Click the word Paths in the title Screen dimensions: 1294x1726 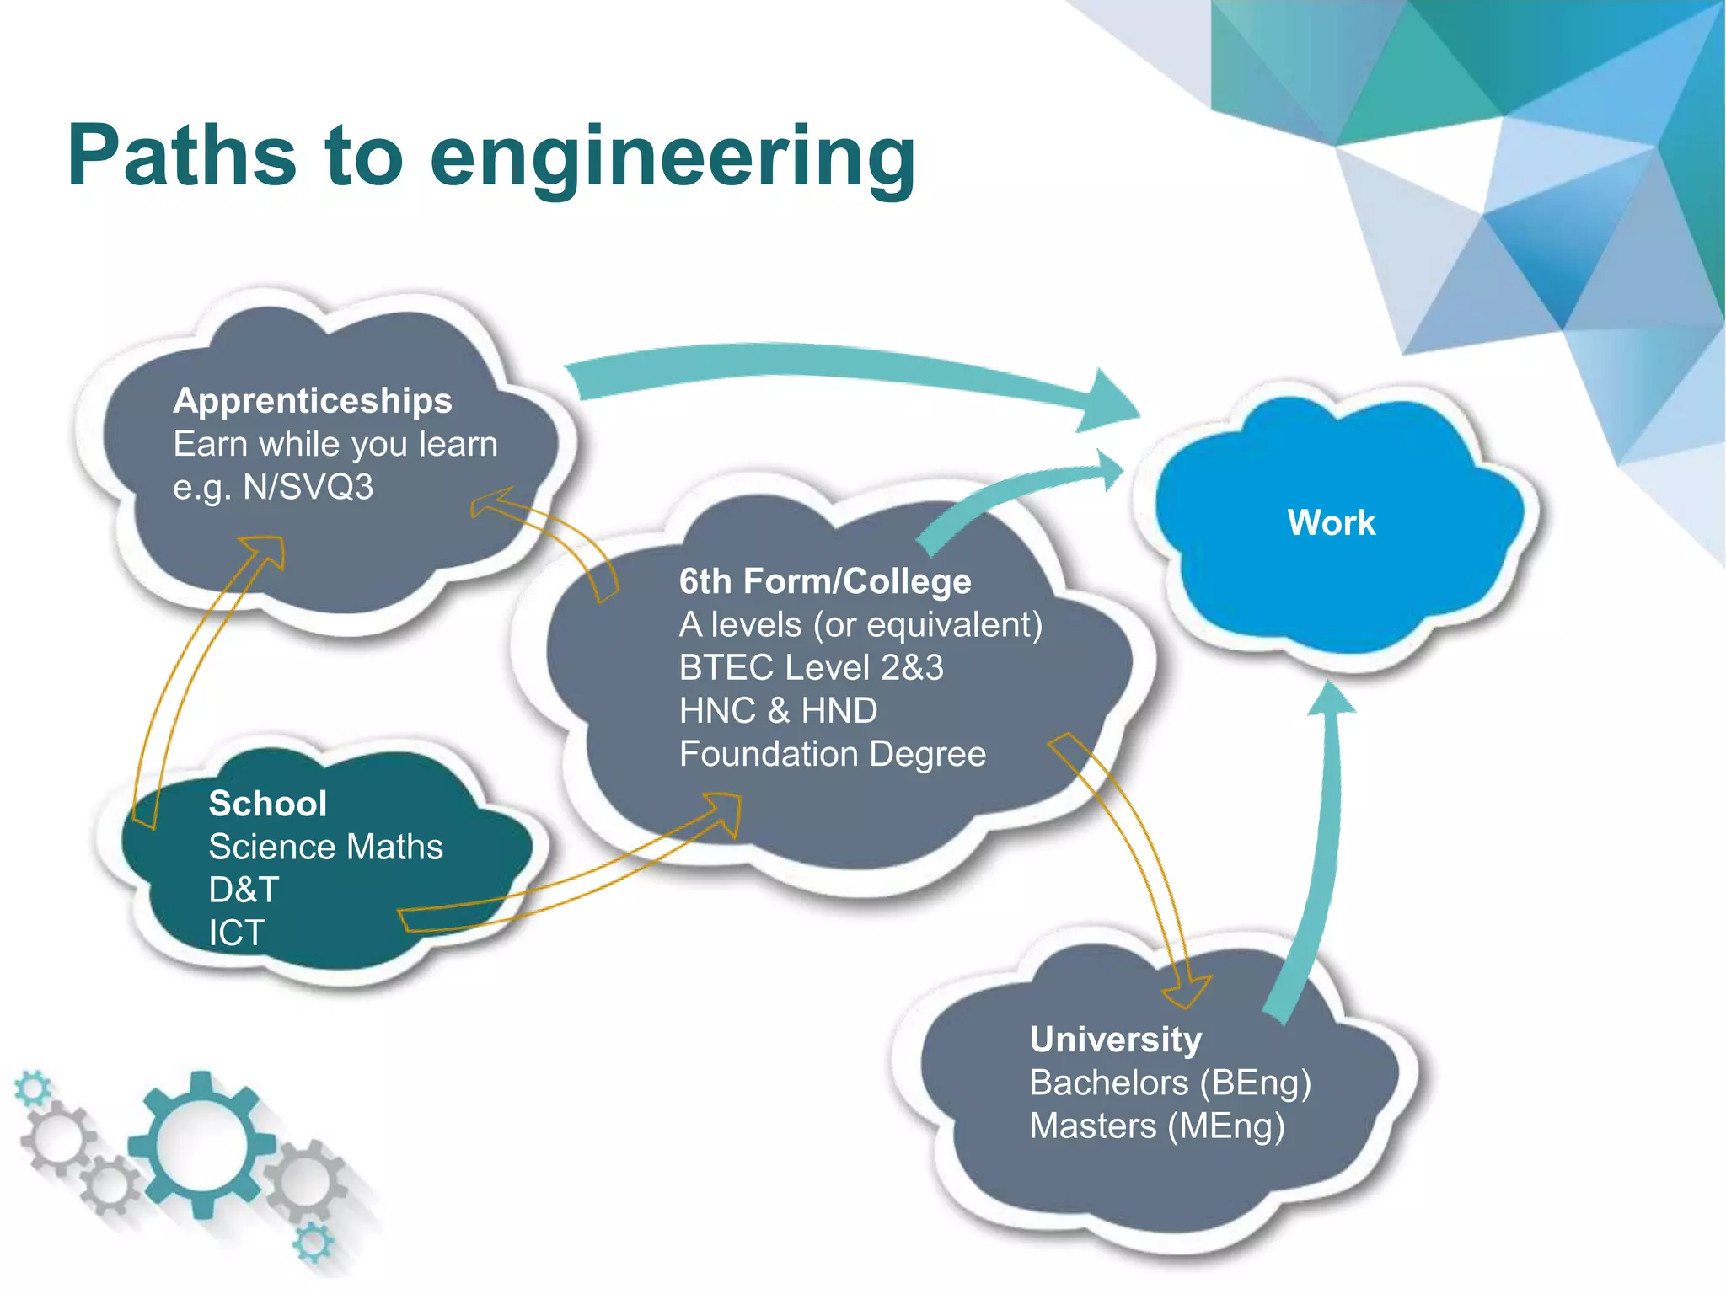coord(181,156)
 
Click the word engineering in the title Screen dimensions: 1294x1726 coord(673,160)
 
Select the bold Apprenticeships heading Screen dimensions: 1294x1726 coord(313,401)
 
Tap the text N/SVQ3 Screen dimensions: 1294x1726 coord(308,488)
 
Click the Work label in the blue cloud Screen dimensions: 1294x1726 coord(1331,523)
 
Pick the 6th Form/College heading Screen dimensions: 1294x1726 coord(825,581)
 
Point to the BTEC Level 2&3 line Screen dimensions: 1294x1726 coord(811,668)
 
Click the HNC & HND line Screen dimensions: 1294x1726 coord(778,711)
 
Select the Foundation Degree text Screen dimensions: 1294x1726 coord(832,754)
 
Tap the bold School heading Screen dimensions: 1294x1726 coord(267,804)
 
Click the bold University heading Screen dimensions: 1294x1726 coord(1115,1040)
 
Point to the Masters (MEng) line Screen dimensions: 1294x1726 coord(1156,1126)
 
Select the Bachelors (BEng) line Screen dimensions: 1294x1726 coord(1170,1083)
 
